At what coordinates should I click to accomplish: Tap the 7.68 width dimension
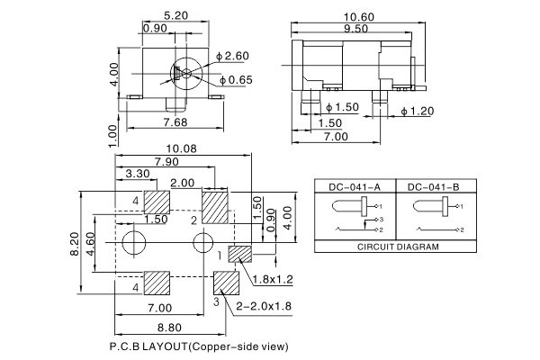point(174,121)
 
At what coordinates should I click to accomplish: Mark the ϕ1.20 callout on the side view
point(417,111)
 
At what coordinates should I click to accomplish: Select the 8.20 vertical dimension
point(77,243)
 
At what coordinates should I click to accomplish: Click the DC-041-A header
point(354,186)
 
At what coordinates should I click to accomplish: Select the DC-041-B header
point(433,186)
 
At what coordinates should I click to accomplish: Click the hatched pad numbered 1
point(239,254)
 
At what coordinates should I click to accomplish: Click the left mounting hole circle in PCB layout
point(133,241)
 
